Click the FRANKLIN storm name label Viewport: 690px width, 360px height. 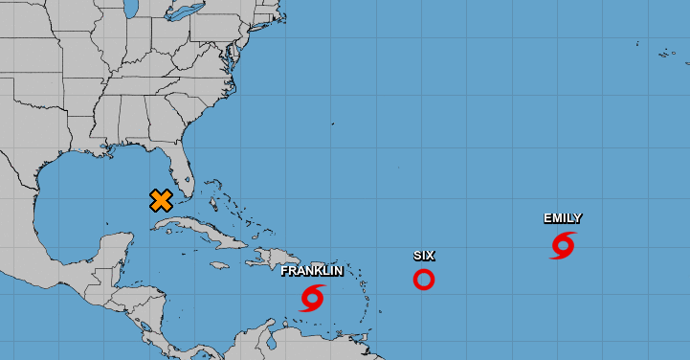312,271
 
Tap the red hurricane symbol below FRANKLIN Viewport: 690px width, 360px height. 312,298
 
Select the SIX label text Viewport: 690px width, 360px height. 424,256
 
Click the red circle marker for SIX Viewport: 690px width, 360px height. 424,280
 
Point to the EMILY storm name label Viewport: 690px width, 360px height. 563,218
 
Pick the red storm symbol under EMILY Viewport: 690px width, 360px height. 563,245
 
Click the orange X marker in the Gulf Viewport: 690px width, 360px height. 161,200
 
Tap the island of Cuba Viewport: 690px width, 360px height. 196,227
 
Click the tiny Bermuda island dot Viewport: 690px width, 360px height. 331,124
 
